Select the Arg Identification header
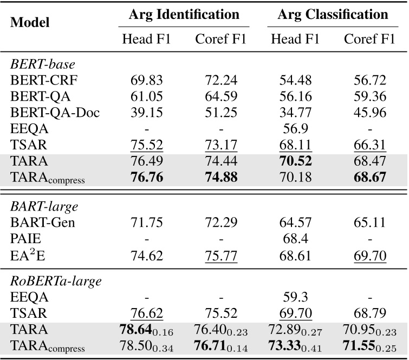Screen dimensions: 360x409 point(184,15)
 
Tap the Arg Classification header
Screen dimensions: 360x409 point(333,15)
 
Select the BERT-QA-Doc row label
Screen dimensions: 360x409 point(48,112)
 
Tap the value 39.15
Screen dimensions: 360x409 point(146,112)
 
